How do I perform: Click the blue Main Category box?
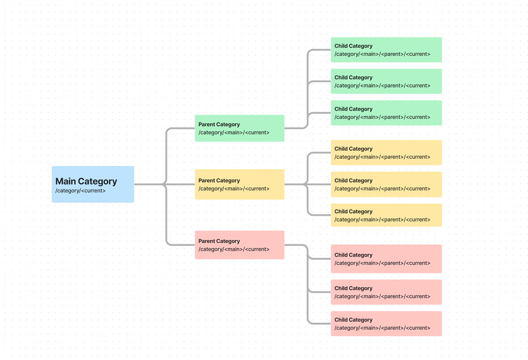coord(93,184)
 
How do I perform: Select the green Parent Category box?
coord(239,128)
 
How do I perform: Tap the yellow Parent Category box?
coord(239,184)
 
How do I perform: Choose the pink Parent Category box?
coord(239,245)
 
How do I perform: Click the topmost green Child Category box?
coord(386,50)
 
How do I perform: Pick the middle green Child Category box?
coord(386,81)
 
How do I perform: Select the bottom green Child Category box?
coord(386,113)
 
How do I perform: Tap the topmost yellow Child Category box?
coord(386,153)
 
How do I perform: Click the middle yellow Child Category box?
coord(386,184)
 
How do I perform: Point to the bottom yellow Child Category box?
coord(386,215)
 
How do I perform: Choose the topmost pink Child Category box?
coord(386,259)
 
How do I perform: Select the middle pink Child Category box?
coord(386,292)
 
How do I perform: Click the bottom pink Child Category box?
coord(386,323)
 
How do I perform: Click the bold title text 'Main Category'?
coord(86,181)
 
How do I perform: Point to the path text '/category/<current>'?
coord(80,191)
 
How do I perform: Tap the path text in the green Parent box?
coord(234,133)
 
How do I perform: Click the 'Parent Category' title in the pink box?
coord(219,241)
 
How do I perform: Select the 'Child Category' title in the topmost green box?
coord(353,46)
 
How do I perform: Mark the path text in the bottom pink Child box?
coord(382,328)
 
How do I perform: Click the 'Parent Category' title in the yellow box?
coord(219,181)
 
